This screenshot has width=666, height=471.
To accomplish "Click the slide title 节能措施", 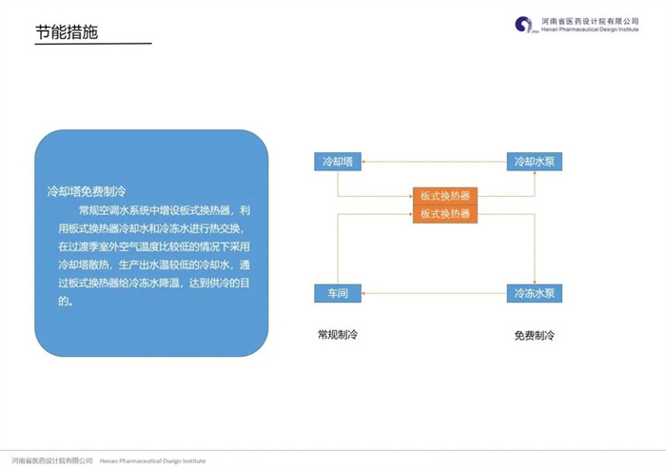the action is (x=67, y=32).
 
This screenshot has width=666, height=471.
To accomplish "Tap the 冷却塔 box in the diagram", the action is (x=338, y=162).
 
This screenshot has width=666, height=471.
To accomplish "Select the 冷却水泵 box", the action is (x=535, y=162).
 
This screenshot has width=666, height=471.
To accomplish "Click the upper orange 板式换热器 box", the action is (x=445, y=196).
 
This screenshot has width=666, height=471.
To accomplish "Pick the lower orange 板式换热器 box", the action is (x=445, y=214).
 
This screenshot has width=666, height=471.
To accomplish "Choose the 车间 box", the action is (x=338, y=293).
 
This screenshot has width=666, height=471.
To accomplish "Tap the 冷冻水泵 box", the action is (x=535, y=293).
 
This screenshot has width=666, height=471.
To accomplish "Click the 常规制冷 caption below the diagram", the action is (x=338, y=335).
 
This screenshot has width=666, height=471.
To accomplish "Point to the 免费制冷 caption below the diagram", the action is (x=535, y=336).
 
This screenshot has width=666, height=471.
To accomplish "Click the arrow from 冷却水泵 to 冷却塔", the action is (x=434, y=162).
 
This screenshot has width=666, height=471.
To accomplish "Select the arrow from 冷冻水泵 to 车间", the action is (x=434, y=293).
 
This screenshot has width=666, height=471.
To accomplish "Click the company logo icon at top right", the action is (x=524, y=25).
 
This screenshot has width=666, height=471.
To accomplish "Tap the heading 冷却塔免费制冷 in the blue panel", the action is (x=87, y=191).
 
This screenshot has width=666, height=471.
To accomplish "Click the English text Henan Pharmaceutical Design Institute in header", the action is (x=590, y=29).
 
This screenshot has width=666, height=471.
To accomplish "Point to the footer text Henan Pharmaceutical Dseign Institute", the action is (x=152, y=461).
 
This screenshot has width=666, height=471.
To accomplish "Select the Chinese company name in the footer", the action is (x=51, y=461).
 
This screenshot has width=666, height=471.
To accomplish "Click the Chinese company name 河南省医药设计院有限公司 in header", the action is (x=590, y=21).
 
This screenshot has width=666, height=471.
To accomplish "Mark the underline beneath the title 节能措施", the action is (x=93, y=44).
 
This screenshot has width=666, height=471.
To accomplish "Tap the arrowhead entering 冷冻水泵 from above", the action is (x=535, y=282).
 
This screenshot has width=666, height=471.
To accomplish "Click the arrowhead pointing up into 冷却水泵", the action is (x=535, y=173).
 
